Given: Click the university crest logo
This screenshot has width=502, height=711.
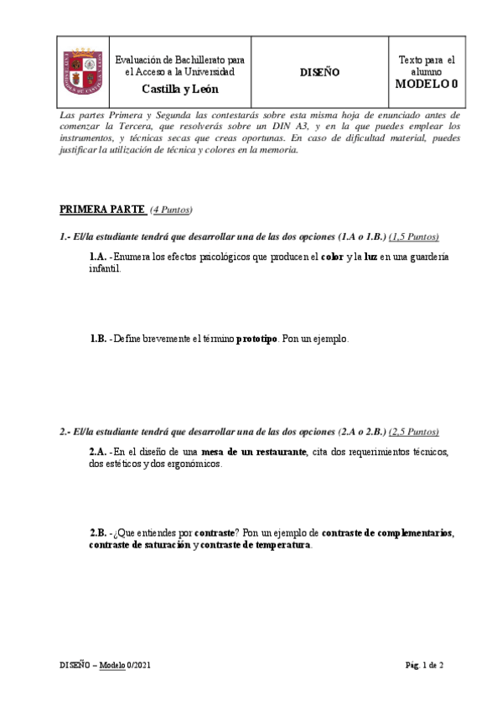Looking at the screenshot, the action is point(81,71).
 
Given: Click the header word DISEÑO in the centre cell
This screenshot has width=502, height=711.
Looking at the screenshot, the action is point(319,72).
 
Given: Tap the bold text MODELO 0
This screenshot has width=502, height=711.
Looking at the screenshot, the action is point(427,84).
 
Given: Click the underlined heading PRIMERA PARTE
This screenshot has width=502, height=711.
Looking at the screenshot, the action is point(102,209).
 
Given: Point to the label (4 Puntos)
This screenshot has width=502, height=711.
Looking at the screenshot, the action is point(171,210).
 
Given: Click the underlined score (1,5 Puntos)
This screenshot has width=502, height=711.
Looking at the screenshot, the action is point(414,237).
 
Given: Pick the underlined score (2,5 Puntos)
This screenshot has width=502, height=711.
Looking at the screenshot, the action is point(413,432).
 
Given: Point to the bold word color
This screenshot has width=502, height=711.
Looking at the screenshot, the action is point(333,257).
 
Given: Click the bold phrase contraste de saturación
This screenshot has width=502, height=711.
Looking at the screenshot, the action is point(140,545).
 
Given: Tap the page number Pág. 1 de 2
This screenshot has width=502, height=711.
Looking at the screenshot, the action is point(424,665).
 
